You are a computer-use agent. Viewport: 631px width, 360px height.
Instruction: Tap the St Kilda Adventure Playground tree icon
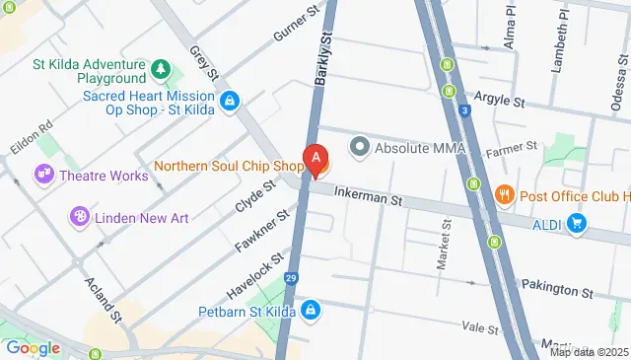[x=160, y=70]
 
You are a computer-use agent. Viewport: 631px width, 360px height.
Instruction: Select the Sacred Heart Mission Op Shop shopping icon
[x=229, y=100]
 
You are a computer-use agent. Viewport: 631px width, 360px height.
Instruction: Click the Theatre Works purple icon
[x=44, y=176]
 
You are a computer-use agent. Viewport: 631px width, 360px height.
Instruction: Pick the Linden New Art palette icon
[x=79, y=215]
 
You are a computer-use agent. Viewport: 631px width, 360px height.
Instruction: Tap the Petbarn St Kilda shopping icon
[x=311, y=311]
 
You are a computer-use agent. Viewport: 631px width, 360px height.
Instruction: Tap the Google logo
[x=33, y=348]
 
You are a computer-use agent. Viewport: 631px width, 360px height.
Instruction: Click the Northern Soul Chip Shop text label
[x=228, y=165]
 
